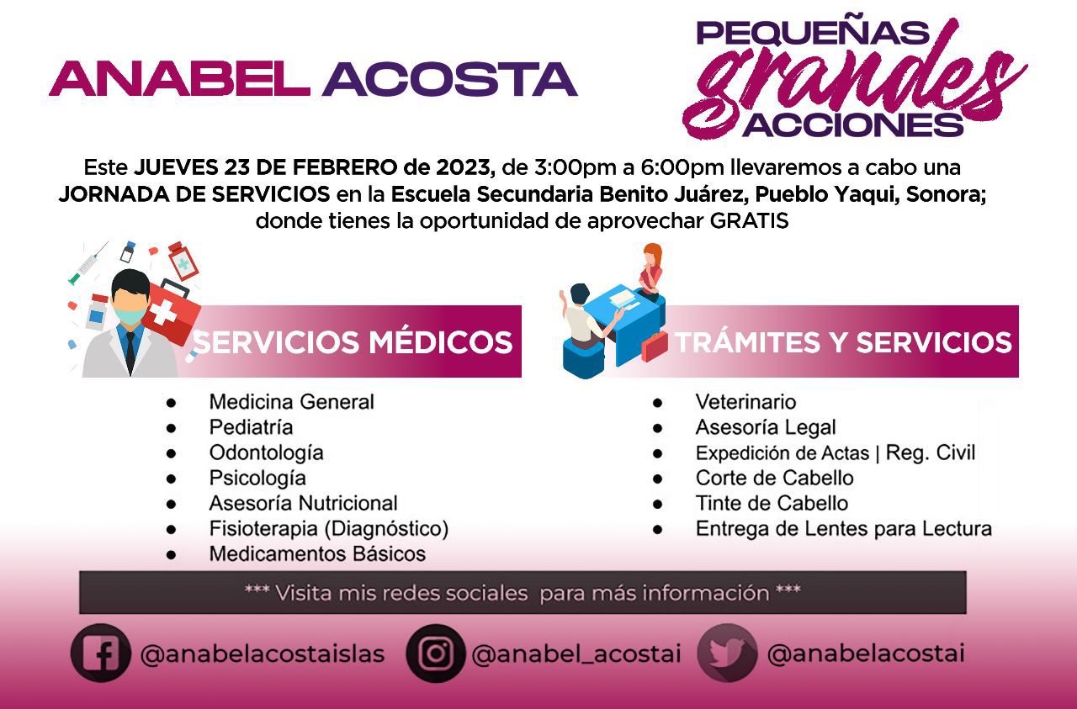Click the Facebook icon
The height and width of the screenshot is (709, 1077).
pos(100,653)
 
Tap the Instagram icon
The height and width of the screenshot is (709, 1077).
pos(436,653)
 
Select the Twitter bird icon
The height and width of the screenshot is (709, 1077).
pos(727,653)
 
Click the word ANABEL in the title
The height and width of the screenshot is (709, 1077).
pos(179,79)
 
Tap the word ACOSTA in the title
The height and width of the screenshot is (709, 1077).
pos(450,79)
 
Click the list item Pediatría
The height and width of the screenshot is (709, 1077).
pos(251,427)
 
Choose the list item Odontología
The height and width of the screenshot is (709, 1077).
pos(267,453)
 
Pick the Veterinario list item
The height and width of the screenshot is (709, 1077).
pos(745,402)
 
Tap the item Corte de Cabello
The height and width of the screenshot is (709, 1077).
pos(775,478)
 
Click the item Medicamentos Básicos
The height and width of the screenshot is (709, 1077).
pos(317,553)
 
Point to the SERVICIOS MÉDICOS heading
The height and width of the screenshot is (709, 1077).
pos(353,342)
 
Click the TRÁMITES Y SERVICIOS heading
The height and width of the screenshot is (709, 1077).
pos(844,342)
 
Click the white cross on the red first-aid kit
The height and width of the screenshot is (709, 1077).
pos(162,312)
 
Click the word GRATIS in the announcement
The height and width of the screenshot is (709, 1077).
pos(749,221)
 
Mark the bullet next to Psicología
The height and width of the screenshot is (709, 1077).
pos(171,479)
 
